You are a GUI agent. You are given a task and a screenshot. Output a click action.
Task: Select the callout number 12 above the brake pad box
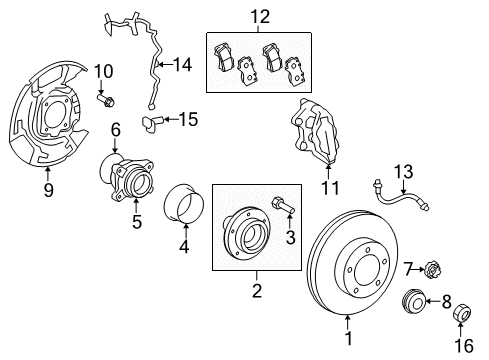click(260, 15)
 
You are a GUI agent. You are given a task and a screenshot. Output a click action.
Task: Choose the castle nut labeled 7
click(410, 268)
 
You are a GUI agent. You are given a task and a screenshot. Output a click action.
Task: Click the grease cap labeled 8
click(410, 300)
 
